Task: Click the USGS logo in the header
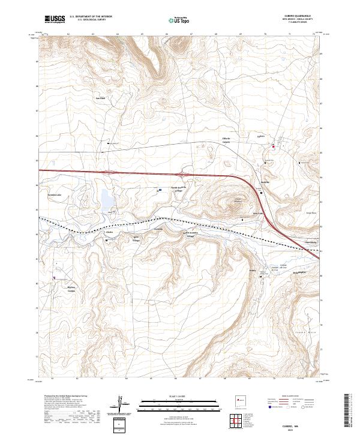[x=55, y=20]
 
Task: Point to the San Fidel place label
[x=101, y=97]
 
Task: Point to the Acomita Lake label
[x=55, y=195]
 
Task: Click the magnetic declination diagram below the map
[x=122, y=403]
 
